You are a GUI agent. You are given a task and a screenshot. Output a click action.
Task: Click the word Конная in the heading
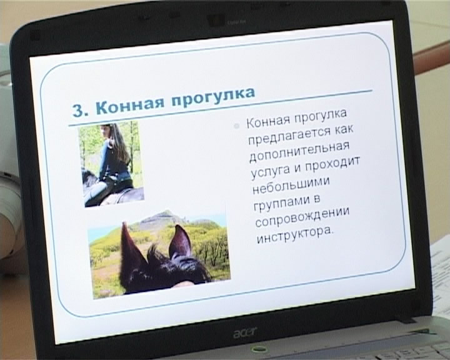pyautogui.click(x=129, y=105)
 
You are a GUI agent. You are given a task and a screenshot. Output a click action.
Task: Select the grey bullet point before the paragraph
pyautogui.click(x=236, y=126)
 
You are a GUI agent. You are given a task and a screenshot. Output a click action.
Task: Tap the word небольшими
pyautogui.click(x=291, y=186)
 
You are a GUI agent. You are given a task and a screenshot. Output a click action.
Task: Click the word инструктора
pyautogui.click(x=295, y=236)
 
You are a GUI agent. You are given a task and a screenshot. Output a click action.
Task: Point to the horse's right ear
pyautogui.click(x=180, y=241)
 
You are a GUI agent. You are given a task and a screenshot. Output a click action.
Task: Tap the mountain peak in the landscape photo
pyautogui.click(x=164, y=213)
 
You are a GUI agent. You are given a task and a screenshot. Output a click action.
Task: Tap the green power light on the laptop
pyautogui.click(x=255, y=350)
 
